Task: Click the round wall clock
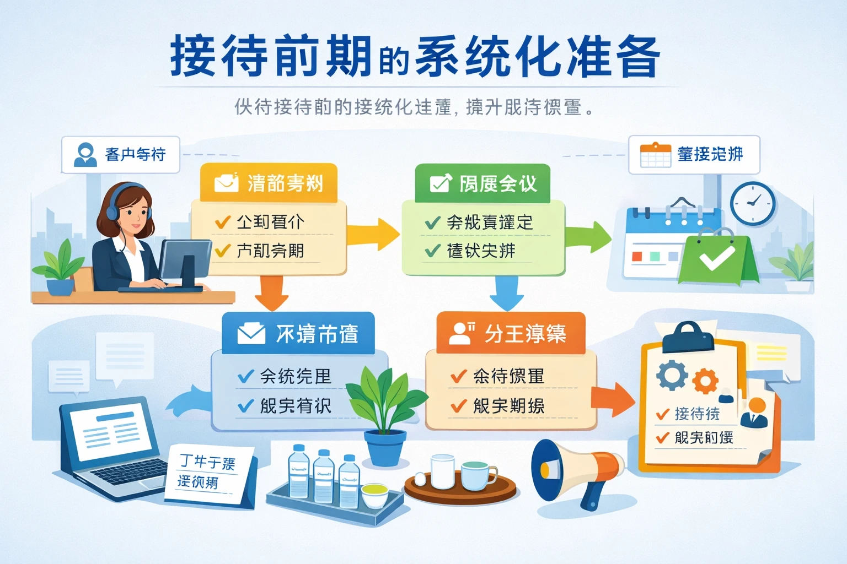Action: click(753, 203)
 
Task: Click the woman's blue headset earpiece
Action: click(112, 211)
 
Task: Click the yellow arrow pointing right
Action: click(375, 234)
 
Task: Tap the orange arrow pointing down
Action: click(271, 293)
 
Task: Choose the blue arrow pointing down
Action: click(507, 294)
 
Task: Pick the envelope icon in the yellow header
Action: click(226, 182)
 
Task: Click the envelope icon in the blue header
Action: click(251, 333)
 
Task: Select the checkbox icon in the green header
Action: click(441, 183)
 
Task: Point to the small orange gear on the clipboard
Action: click(705, 381)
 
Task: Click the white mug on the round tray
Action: click(442, 471)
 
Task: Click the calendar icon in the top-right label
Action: click(655, 155)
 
